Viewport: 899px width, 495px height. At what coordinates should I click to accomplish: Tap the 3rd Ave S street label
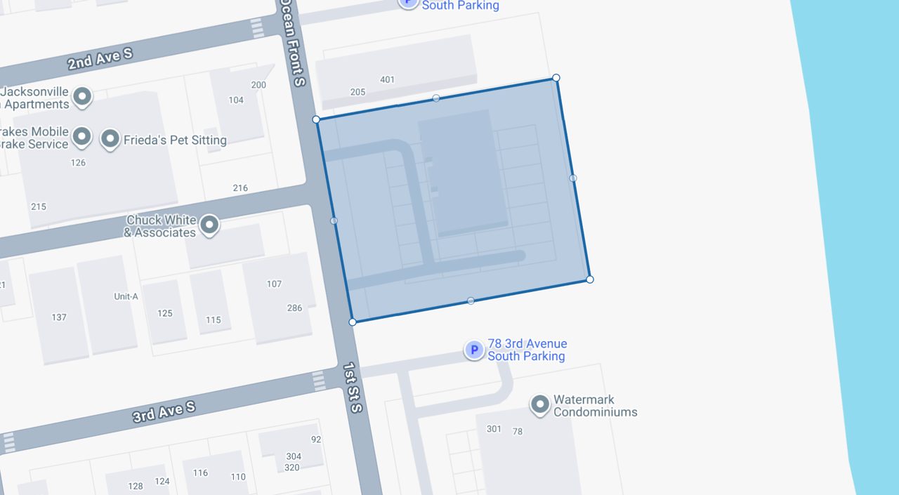pos(164,412)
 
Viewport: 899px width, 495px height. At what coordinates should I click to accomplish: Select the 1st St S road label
pos(353,388)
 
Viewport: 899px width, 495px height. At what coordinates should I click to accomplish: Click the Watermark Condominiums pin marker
pos(539,404)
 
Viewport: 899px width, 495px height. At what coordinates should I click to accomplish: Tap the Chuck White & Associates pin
pos(209,225)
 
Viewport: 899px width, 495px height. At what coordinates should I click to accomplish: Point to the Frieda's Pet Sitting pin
pos(110,138)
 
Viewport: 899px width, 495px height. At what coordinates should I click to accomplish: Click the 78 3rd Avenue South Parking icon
pos(474,350)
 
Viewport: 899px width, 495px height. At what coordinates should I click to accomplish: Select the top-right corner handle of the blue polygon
pos(556,78)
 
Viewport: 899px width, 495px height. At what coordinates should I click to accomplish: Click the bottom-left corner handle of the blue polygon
pos(353,322)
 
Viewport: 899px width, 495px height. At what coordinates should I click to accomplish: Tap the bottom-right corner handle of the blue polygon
pos(590,279)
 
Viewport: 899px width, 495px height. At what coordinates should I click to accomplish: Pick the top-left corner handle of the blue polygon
pos(316,119)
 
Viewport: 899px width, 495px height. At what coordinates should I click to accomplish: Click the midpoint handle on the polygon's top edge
pos(436,98)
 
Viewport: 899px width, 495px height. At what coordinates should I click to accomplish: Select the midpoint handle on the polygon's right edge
pos(573,178)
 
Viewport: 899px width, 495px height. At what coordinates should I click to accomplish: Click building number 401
pos(387,79)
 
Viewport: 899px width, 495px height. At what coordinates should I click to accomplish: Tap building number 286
pos(294,308)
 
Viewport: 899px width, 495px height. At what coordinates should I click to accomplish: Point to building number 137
pos(59,317)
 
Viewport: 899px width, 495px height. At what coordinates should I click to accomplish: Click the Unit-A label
pos(126,296)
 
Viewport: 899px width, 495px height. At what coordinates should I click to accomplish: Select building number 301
pos(494,428)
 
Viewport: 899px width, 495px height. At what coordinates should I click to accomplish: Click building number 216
pos(240,187)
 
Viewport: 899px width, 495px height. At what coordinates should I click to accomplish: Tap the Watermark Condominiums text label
pos(595,406)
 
